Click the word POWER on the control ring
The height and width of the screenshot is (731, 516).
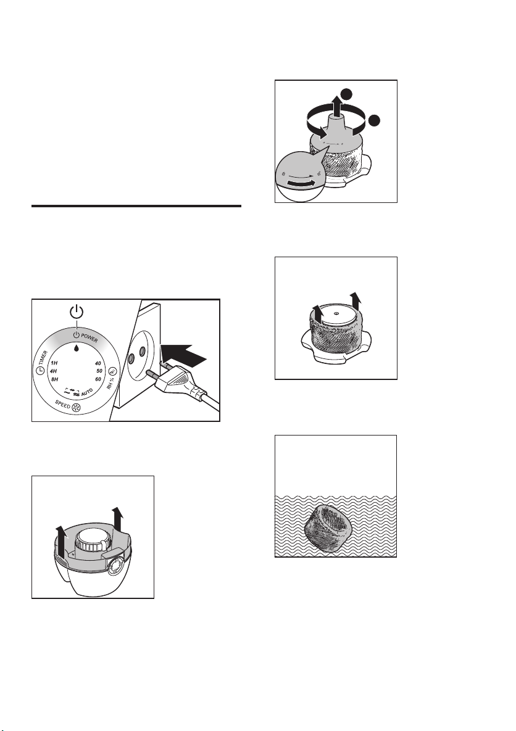coord(89,337)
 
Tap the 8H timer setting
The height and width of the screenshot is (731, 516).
coord(54,379)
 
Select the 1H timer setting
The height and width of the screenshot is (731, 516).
coord(54,363)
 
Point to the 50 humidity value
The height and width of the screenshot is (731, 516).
coord(98,371)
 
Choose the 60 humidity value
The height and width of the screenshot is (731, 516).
coord(98,379)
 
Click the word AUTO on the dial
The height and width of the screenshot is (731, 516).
coord(87,393)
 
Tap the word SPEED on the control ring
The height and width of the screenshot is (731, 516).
coord(63,403)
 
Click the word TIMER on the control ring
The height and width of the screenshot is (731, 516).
coord(43,358)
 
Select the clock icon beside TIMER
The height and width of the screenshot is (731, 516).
coord(40,371)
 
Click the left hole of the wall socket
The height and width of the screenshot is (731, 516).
coord(131,358)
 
